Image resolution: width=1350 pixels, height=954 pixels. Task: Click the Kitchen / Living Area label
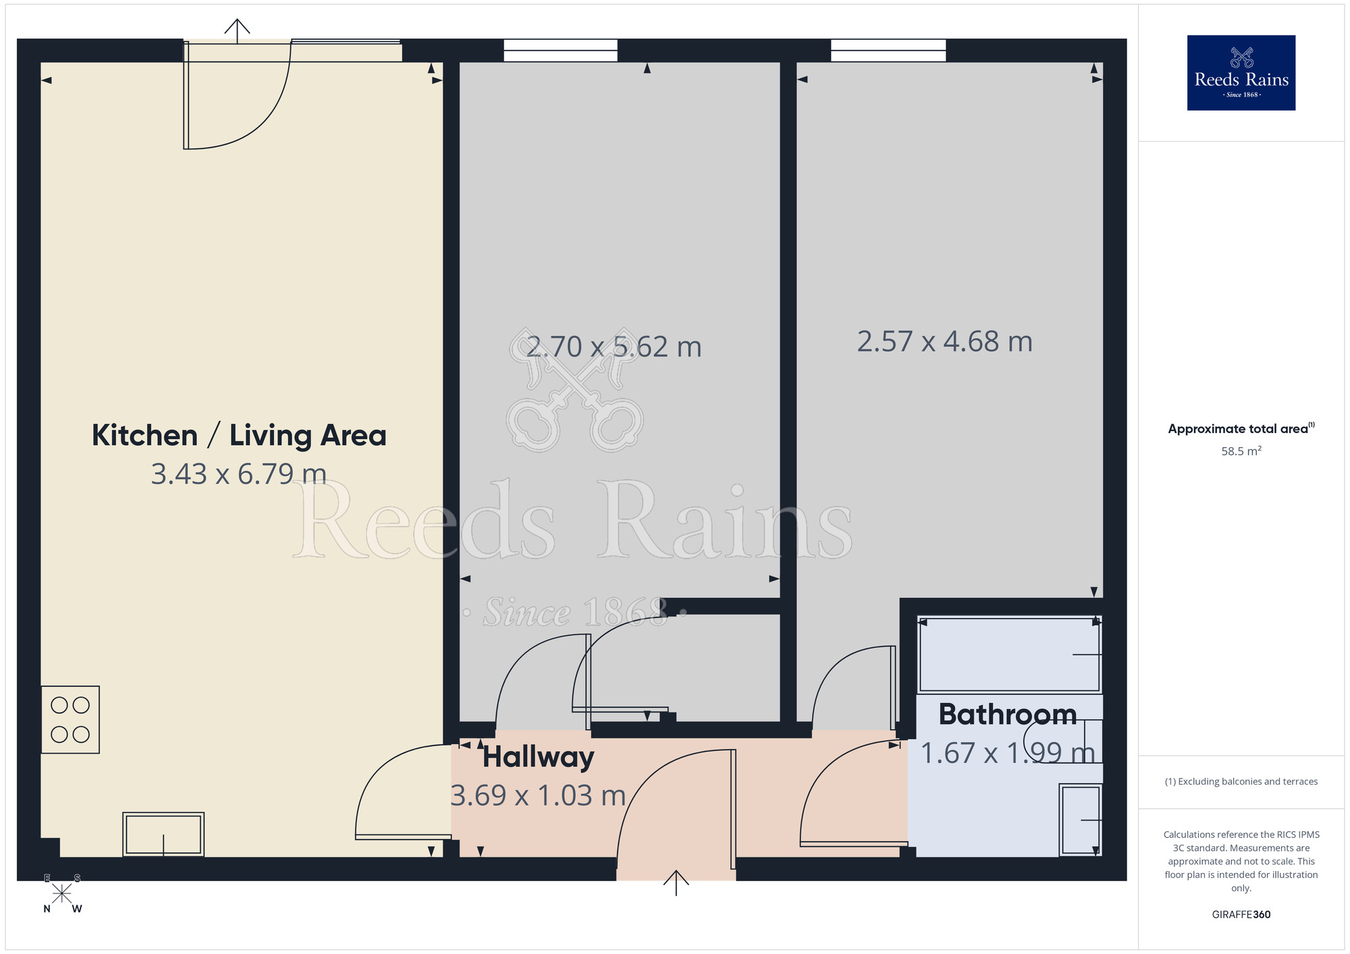pos(239,435)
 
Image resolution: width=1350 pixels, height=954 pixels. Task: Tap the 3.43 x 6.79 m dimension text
pos(239,474)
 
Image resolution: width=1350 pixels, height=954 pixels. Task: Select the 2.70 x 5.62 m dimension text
pos(614,347)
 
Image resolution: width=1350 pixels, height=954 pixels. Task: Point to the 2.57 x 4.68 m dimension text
pos(944,341)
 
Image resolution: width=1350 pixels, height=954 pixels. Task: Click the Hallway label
pos(538,757)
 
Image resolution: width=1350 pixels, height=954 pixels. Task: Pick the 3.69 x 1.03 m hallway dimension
pos(538,795)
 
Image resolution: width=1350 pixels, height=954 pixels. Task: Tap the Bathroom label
pos(1007,714)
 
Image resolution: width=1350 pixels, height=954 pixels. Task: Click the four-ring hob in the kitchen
pos(70,719)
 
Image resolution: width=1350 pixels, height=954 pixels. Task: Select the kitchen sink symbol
pos(163,835)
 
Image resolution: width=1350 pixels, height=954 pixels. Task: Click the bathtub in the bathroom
pos(1009,654)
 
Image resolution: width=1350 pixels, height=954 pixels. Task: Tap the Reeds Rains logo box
pos(1241,73)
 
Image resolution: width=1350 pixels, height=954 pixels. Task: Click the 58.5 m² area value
pos(1241,451)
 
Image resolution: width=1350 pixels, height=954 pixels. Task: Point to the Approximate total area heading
pos(1241,429)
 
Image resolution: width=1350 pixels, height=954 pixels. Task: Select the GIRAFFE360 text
pos(1241,915)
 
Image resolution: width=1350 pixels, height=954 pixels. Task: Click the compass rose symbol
pos(61,893)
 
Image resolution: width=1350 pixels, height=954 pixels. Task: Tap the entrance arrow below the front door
pos(676,882)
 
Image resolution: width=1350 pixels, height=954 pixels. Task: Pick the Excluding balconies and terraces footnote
pos(1241,781)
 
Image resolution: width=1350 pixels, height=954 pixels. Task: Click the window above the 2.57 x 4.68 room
pos(888,50)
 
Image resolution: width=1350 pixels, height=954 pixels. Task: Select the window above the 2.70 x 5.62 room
pos(560,50)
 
